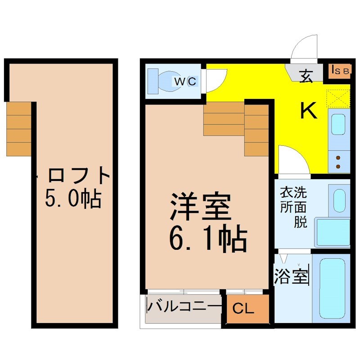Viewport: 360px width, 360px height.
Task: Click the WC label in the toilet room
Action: coord(185,81)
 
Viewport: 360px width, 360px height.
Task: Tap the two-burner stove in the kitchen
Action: coord(339,162)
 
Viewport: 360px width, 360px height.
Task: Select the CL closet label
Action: coord(243,309)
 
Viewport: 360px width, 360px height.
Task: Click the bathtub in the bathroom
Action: coord(332,289)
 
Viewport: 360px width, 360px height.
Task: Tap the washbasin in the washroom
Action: coord(339,201)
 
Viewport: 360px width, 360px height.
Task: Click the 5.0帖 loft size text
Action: coord(73,198)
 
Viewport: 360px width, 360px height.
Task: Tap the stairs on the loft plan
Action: coord(19,129)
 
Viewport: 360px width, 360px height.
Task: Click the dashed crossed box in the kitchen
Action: coord(338,99)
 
